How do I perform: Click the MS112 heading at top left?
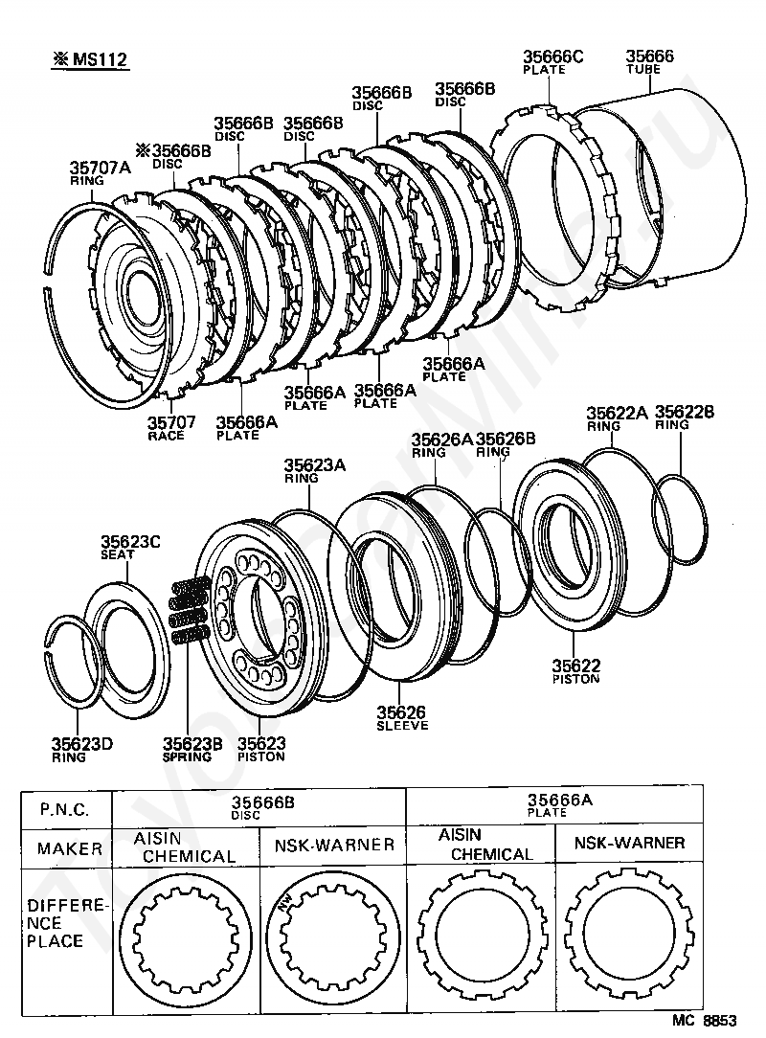[x=91, y=59]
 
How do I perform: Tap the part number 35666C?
[x=552, y=56]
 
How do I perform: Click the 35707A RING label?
[x=100, y=172]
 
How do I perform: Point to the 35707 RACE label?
[x=170, y=428]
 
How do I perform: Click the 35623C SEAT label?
[x=130, y=548]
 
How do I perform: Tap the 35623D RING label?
[x=82, y=750]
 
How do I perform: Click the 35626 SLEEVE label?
[x=402, y=717]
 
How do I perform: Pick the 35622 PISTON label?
[x=576, y=670]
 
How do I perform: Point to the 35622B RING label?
[x=685, y=417]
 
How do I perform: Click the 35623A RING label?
[x=314, y=471]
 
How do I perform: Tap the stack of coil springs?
[x=191, y=610]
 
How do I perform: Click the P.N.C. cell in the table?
[x=65, y=809]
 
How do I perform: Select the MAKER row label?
[x=70, y=848]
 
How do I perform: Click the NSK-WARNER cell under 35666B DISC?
[x=334, y=845]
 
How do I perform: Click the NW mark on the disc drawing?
[x=285, y=904]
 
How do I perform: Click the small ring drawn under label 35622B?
[x=680, y=519]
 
